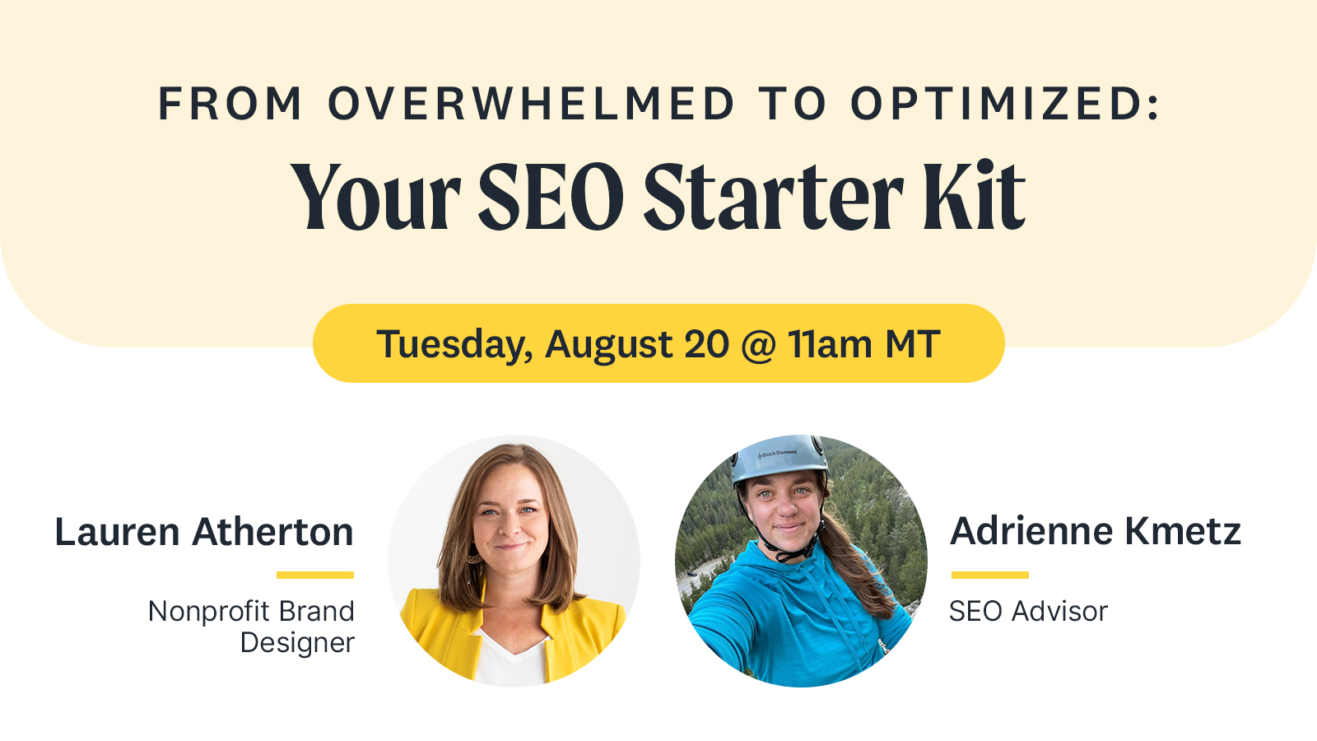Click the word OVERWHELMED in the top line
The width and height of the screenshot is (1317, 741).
pos(531,105)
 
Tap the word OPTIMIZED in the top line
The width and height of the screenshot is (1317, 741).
pos(1004,105)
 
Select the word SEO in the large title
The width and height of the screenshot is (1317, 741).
pos(551,198)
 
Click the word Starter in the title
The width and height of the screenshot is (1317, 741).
pos(773,198)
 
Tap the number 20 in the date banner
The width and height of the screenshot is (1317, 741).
pos(706,344)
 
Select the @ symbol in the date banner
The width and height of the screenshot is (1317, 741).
pos(758,345)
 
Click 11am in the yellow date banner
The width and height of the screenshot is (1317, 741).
pos(830,344)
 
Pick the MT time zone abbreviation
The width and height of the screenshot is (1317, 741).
pos(912,344)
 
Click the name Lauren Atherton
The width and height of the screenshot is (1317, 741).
pos(204,532)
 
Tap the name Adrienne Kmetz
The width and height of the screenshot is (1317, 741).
pos(1096,531)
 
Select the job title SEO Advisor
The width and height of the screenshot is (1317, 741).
pos(1028,611)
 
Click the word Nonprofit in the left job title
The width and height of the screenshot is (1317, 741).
pos(197,611)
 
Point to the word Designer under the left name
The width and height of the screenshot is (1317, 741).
pos(297,642)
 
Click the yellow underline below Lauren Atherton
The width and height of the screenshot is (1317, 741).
pos(315,575)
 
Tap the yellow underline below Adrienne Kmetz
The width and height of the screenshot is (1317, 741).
pos(989,575)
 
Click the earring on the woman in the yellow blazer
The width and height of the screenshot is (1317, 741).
pos(475,557)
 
